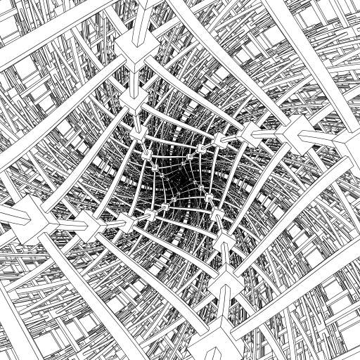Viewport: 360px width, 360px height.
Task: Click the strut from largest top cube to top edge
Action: click(127, 18)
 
